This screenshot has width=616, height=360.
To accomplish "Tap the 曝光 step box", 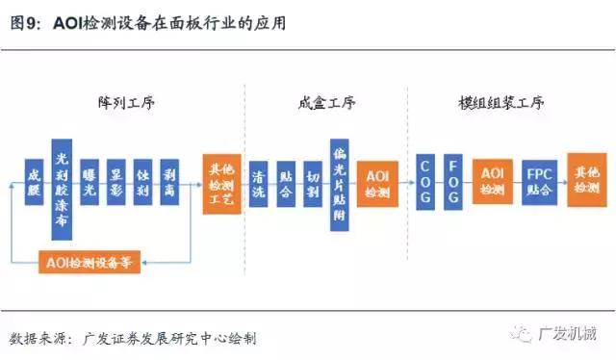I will tap(90, 179).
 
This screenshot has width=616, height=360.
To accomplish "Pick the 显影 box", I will tap(116, 179).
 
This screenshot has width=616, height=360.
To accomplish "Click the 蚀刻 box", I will tap(142, 179).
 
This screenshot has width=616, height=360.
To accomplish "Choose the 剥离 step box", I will tap(169, 179).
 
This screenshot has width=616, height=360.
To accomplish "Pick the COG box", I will tap(425, 179).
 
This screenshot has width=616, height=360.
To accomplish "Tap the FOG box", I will tap(453, 179).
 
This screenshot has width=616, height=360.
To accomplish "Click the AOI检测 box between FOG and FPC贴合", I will tap(492, 179).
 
